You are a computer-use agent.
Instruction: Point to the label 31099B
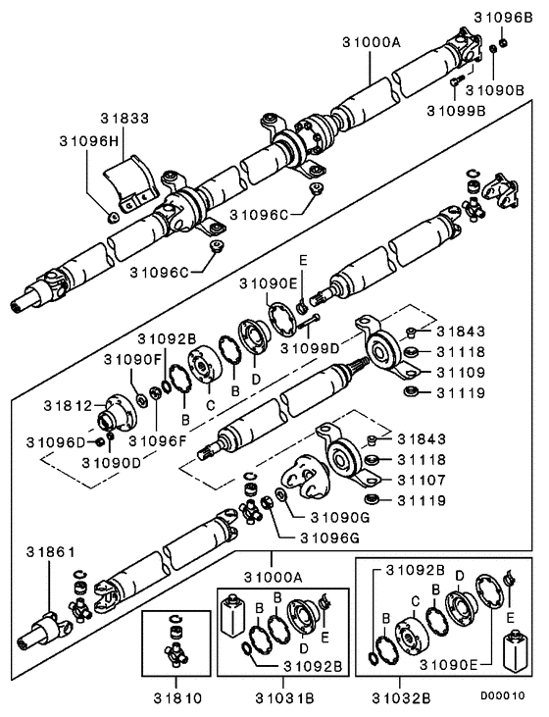click(456, 110)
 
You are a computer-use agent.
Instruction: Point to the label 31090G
click(339, 517)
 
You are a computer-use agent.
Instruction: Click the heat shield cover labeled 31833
click(131, 180)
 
